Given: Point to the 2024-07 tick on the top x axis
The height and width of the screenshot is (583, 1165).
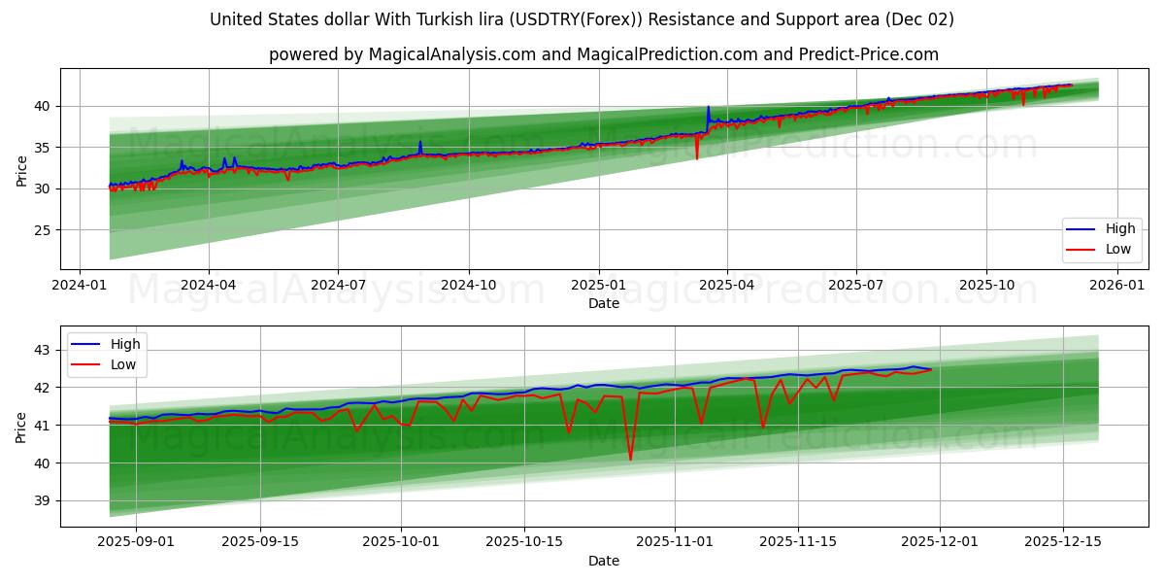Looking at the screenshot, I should point(338,286).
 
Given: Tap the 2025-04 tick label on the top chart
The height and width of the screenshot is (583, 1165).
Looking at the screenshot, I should point(727,286).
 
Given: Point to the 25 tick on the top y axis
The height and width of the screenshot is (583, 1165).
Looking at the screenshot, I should point(44,230).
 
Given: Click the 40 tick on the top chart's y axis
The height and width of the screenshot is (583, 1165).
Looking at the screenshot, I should point(44,106).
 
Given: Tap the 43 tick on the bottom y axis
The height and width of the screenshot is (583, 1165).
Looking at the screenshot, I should point(44,349).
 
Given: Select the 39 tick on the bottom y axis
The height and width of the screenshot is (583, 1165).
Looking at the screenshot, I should point(44,501).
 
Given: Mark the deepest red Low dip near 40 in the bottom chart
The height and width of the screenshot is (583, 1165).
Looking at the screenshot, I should point(630,459).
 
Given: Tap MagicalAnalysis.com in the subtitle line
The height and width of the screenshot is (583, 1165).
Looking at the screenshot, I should point(451,54).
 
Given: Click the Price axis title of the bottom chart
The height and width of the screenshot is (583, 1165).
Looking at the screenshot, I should point(21,427).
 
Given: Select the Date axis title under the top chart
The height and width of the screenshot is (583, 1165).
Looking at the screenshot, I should point(603,303).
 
